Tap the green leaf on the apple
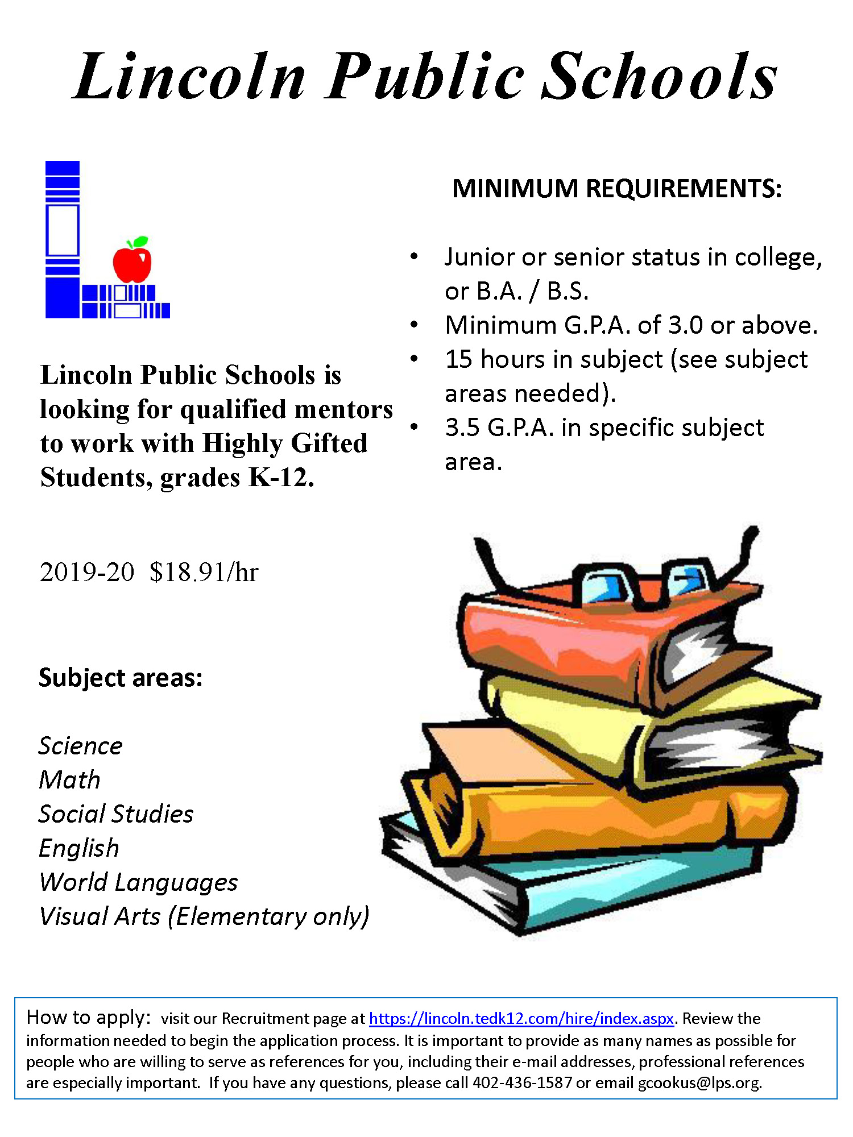pos(140,242)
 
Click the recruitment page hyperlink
pos(521,1018)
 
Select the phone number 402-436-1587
pos(522,1082)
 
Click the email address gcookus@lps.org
pos(699,1082)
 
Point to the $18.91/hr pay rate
pos(204,572)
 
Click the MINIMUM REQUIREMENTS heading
pos(616,188)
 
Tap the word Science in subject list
pos(80,745)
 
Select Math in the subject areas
pos(69,779)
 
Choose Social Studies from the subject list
pos(116,814)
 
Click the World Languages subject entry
pos(138,882)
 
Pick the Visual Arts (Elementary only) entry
pos(204,916)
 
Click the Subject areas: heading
pos(121,677)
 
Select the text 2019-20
pos(87,572)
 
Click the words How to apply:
pos(89,1017)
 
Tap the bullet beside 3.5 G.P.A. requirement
pos(414,427)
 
